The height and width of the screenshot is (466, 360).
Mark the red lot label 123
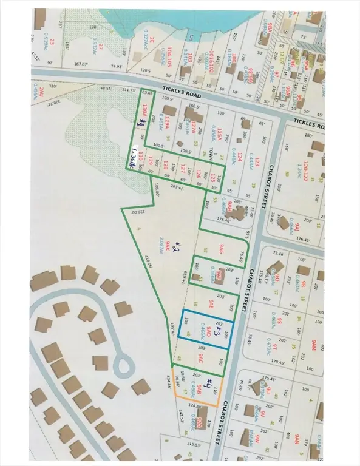[x=257, y=163]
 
